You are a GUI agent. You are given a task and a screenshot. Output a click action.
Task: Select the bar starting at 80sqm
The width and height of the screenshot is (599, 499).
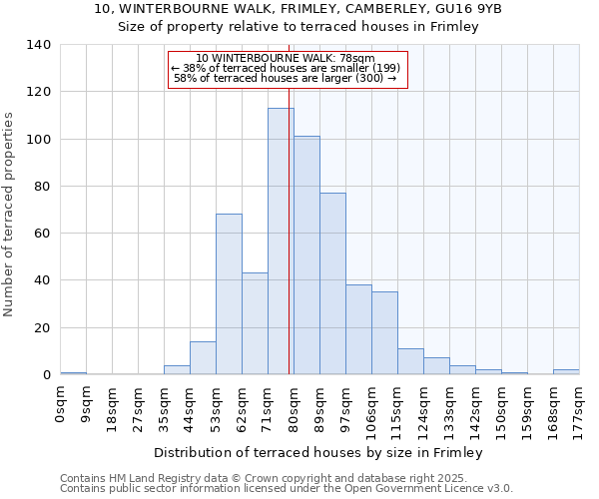pos(306,255)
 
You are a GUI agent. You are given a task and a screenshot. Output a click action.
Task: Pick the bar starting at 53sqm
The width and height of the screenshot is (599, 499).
pos(229,294)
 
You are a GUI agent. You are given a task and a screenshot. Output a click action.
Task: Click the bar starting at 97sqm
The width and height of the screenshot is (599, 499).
pos(358,329)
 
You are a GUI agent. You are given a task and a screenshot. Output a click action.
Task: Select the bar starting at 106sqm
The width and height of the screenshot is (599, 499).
pos(384,333)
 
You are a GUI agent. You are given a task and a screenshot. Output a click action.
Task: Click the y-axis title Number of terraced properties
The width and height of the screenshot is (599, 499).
pos(9,215)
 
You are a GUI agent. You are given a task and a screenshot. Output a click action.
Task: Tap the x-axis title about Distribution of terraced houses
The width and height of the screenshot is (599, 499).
pos(319,452)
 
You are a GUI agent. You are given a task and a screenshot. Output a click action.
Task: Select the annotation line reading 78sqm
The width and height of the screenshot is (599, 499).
pos(287,59)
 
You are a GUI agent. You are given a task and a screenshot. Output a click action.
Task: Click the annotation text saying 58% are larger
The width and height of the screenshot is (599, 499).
pos(286,78)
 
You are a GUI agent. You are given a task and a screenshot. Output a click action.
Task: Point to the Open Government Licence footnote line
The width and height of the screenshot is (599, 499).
pos(287,489)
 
